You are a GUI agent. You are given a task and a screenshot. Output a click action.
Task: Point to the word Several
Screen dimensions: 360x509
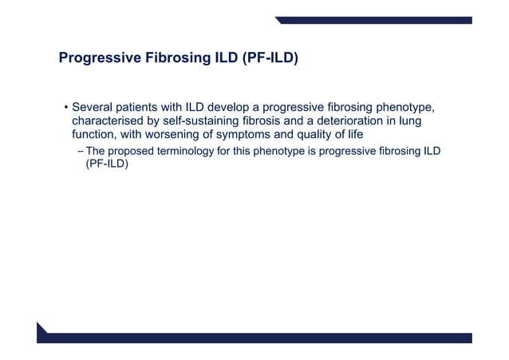pyautogui.click(x=95, y=108)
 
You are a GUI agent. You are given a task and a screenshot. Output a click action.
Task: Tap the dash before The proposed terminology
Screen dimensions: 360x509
pyautogui.click(x=78, y=152)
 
